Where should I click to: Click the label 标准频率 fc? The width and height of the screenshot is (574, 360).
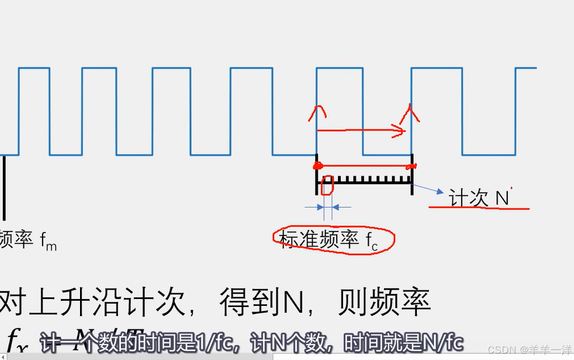pyautogui.click(x=329, y=240)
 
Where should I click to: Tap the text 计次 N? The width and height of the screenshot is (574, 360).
pyautogui.click(x=479, y=198)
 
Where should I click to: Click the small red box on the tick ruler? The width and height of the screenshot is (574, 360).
pyautogui.click(x=326, y=185)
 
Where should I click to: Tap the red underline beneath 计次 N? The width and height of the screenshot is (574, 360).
pyautogui.click(x=478, y=208)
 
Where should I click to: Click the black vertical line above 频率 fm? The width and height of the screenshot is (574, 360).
pyautogui.click(x=3, y=187)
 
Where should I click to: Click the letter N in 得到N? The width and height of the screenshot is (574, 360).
pyautogui.click(x=294, y=302)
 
